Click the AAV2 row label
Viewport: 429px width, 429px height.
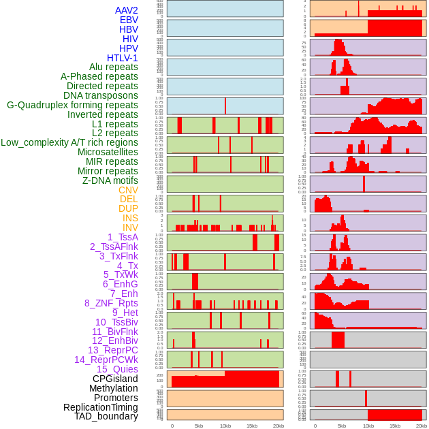click(126, 10)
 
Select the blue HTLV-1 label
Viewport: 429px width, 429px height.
click(122, 58)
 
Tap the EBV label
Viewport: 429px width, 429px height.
click(129, 20)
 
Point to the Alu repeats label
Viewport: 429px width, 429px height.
click(113, 67)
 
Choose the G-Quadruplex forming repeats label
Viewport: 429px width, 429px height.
click(72, 105)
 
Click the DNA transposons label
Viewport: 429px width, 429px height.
click(101, 95)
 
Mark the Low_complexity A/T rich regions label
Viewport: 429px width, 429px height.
click(69, 143)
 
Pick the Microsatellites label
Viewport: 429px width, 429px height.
click(108, 153)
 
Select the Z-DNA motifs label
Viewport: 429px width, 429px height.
click(110, 180)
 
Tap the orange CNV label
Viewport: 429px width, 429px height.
click(128, 190)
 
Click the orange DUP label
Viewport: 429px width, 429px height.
click(128, 209)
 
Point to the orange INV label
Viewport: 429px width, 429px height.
click(130, 227)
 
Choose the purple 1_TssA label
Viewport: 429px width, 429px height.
click(123, 237)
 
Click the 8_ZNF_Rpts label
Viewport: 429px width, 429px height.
click(111, 303)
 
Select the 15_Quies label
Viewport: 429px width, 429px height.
click(117, 369)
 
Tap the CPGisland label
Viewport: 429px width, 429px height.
click(115, 379)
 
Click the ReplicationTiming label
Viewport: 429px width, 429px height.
click(101, 407)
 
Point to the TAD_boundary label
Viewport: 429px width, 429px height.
click(106, 416)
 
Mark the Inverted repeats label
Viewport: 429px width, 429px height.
click(102, 114)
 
